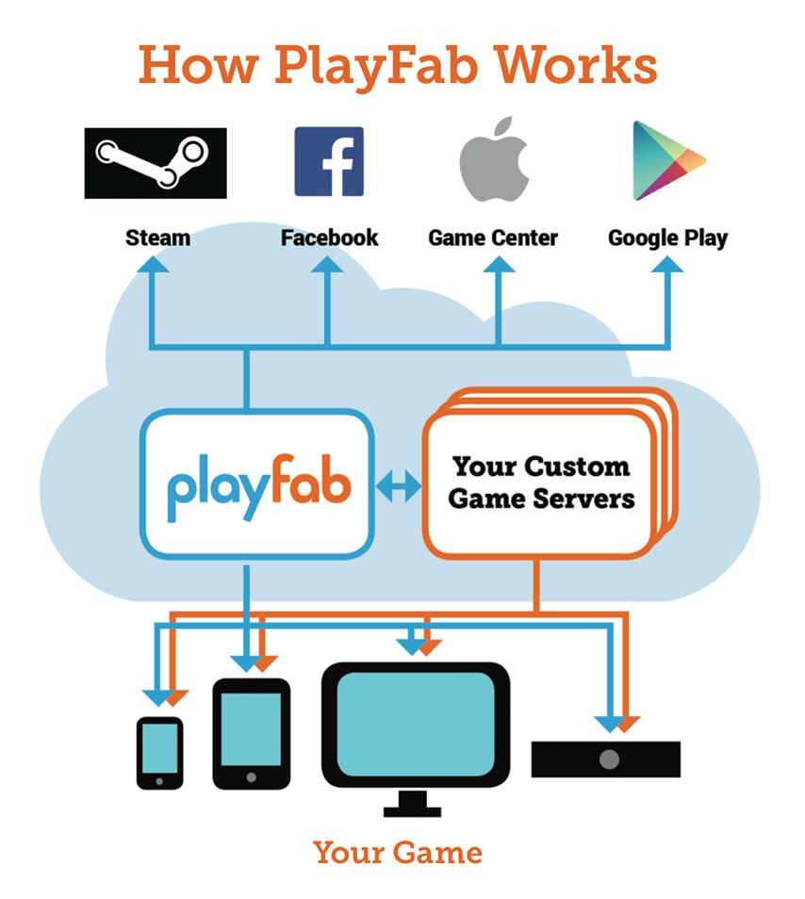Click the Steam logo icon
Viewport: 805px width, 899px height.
click(x=156, y=162)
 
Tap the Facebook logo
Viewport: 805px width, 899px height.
click(x=329, y=162)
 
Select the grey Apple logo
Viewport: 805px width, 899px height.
click(x=493, y=160)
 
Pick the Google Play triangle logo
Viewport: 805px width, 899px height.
click(x=666, y=160)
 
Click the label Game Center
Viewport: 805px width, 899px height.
click(x=493, y=237)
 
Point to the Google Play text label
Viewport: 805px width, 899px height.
click(x=667, y=237)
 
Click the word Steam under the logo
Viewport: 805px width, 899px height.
click(x=157, y=237)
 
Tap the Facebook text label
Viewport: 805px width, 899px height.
click(x=329, y=237)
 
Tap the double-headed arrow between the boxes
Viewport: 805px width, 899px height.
click(x=398, y=486)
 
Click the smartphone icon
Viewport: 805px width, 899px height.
click(x=159, y=752)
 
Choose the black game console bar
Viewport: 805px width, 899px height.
click(x=605, y=759)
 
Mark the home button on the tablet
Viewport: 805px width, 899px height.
click(x=251, y=777)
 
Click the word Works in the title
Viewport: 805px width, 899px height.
click(x=580, y=66)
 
